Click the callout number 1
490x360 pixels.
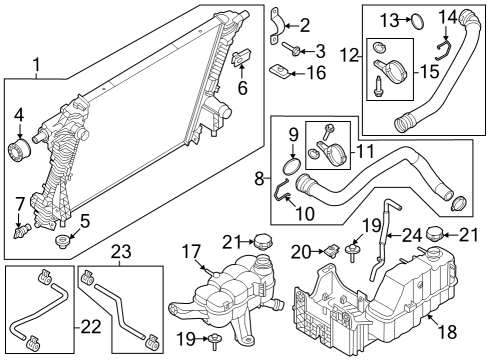click(x=36, y=67)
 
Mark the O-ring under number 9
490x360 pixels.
click(x=292, y=164)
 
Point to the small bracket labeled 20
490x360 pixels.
click(x=328, y=252)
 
